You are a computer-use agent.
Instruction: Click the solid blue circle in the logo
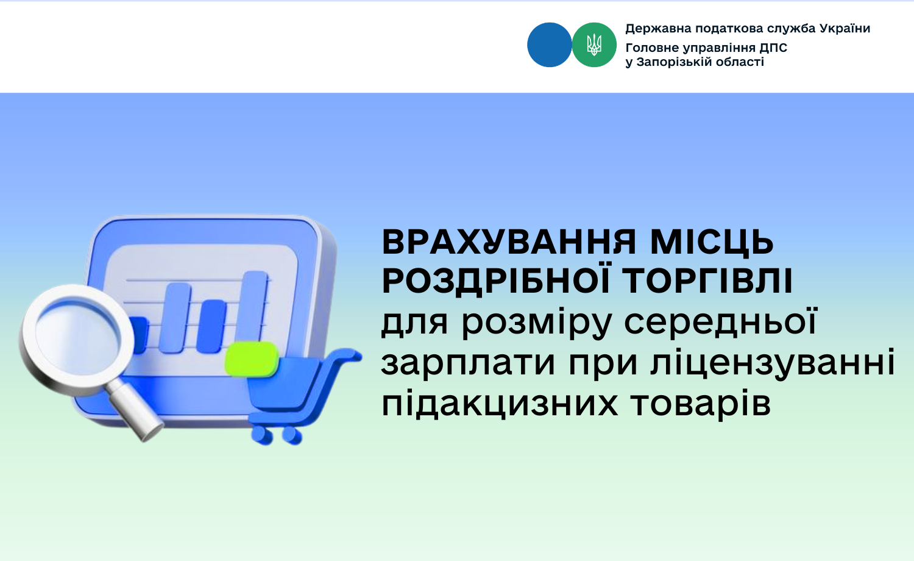tap(549, 45)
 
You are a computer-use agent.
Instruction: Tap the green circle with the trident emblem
tap(594, 45)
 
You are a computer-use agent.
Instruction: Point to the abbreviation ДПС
tap(773, 48)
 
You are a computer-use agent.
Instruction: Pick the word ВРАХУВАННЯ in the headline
tap(509, 243)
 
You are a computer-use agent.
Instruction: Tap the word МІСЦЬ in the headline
tap(712, 243)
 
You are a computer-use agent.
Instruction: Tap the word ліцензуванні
tap(773, 362)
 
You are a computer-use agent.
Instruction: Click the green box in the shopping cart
tap(252, 359)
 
